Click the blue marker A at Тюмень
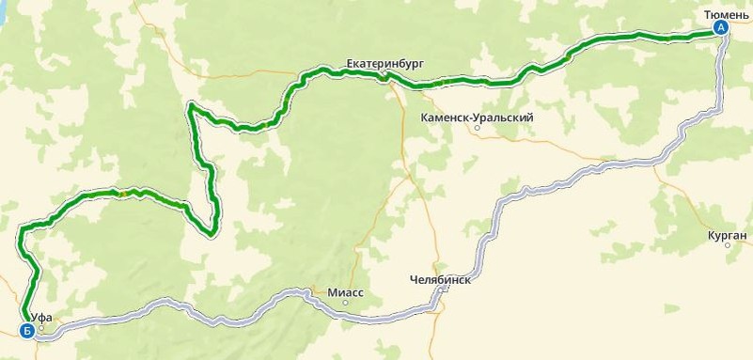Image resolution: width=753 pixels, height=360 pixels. tap(721, 28)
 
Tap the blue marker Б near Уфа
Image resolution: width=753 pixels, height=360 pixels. tap(27, 330)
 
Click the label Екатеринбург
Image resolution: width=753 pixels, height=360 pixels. tap(384, 63)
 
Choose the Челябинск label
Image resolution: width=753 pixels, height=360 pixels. tap(440, 280)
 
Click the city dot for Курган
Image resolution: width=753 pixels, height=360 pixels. tap(728, 245)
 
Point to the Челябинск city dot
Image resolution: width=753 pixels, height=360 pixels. tap(442, 290)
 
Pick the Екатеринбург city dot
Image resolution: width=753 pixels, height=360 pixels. tap(384, 74)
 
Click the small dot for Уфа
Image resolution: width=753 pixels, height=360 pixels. tap(41, 328)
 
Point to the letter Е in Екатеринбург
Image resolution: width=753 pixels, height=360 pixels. tap(351, 63)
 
